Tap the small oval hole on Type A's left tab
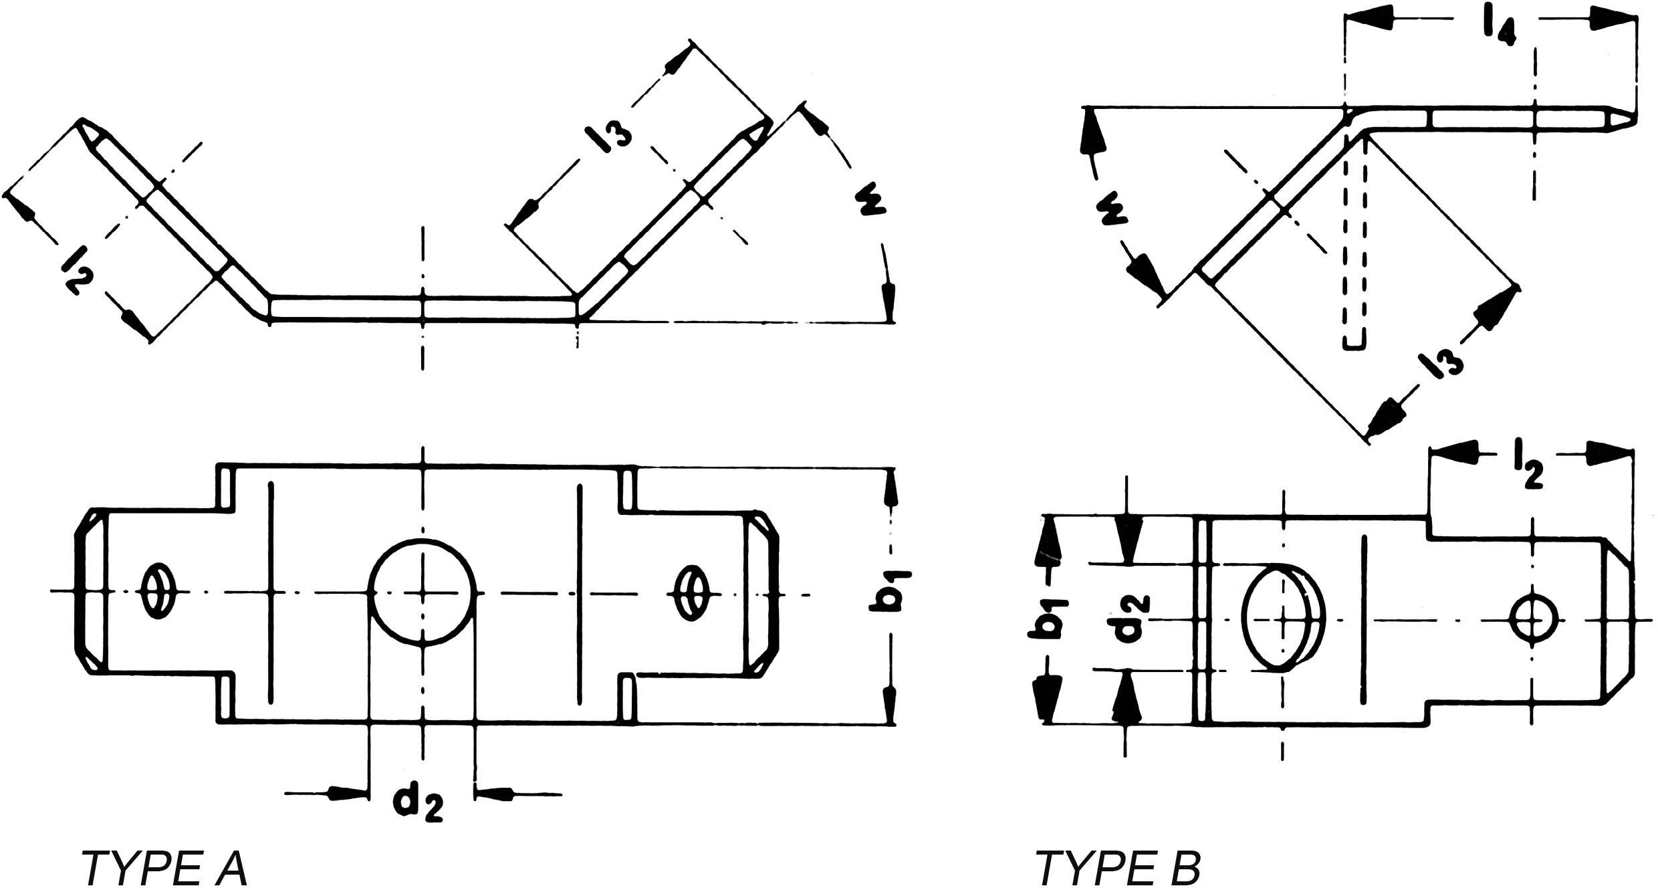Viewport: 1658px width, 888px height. point(158,592)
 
